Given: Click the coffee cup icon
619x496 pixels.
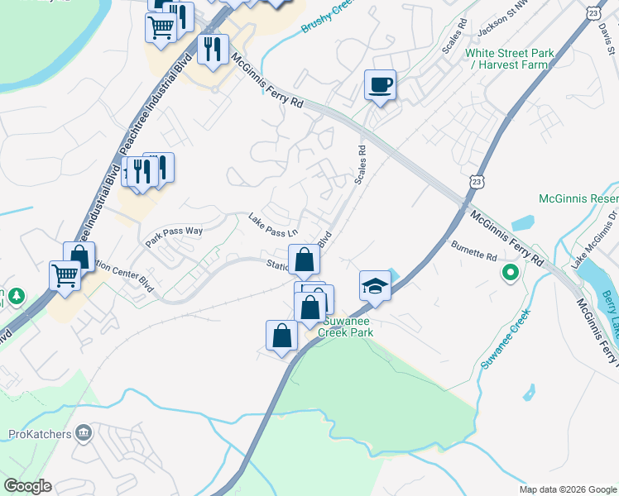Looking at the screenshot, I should click(x=380, y=84).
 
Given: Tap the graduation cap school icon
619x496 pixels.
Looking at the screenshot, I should click(x=375, y=285).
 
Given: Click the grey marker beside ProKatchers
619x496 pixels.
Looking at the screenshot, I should click(x=83, y=432).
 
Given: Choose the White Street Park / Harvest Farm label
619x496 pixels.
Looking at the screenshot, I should click(x=509, y=59).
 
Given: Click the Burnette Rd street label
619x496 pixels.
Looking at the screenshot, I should click(x=473, y=248).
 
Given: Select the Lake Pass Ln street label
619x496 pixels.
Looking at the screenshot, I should click(x=272, y=222).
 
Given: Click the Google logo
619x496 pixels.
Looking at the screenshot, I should click(x=27, y=486).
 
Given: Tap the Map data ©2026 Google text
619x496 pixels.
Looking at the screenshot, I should click(x=567, y=489).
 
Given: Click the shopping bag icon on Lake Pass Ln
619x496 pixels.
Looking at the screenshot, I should click(x=304, y=259).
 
